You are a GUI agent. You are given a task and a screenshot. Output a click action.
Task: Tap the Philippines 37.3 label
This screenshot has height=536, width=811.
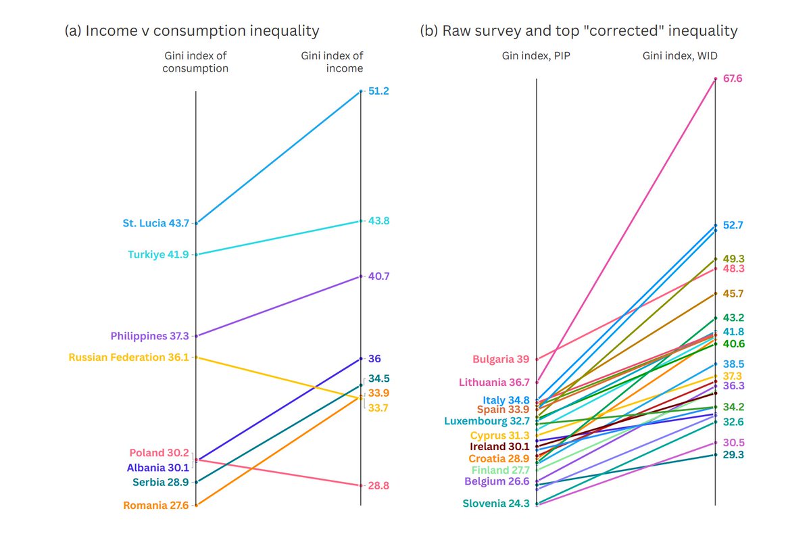click(x=149, y=336)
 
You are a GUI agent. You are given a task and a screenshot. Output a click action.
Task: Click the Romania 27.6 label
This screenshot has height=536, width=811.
click(x=155, y=505)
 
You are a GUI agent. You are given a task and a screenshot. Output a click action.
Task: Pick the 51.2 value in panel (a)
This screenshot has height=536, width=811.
click(x=378, y=91)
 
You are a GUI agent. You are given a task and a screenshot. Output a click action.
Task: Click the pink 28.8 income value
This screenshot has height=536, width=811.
click(x=378, y=485)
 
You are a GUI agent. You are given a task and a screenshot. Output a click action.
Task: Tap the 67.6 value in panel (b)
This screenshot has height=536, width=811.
click(x=733, y=79)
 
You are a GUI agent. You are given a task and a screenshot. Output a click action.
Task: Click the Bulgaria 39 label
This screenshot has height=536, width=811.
click(x=501, y=359)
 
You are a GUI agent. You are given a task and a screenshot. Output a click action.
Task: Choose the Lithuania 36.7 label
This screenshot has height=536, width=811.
click(x=494, y=382)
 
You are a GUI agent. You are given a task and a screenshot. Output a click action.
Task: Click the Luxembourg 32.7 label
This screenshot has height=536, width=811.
click(x=487, y=420)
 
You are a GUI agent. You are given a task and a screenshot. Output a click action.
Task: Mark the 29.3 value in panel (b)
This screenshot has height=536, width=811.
click(x=733, y=455)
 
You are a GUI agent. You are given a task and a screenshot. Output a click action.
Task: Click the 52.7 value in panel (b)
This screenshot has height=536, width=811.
click(x=733, y=225)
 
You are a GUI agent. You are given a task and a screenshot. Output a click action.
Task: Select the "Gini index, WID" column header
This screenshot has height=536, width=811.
click(x=679, y=56)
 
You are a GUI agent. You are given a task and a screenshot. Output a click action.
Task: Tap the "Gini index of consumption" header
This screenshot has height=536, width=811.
click(x=195, y=62)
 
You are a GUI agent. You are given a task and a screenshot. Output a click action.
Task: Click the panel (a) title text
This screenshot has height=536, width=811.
click(x=192, y=30)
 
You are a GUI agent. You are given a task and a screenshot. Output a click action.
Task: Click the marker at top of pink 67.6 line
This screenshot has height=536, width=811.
click(x=716, y=79)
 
